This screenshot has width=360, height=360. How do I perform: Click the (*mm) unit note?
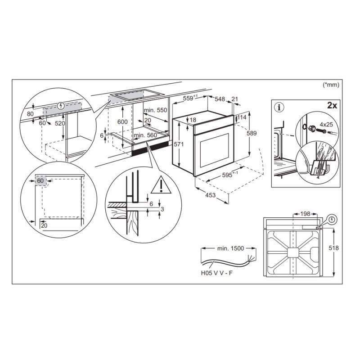[331, 84]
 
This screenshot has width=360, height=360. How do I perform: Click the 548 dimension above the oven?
[220, 99]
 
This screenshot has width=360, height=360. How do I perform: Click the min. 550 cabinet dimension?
[155, 110]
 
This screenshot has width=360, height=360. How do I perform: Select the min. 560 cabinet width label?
[145, 135]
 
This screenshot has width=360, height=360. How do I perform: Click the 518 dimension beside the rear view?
[343, 248]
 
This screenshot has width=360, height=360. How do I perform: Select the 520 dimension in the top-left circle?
[60, 123]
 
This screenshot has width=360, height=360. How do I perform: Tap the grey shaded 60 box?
[41, 181]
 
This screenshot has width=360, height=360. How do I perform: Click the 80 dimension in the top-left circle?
[30, 114]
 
